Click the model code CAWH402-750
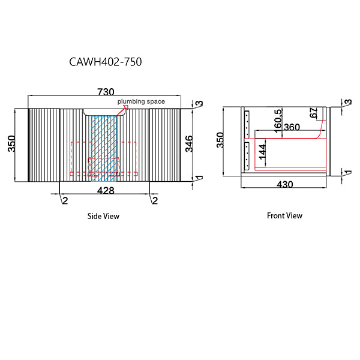(x=106, y=61)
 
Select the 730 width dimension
(x=105, y=91)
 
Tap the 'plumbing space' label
(x=141, y=101)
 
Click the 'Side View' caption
(x=103, y=216)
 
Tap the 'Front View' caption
(x=284, y=215)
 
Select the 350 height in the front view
(x=220, y=140)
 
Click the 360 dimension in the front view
(x=292, y=127)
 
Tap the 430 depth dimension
(x=284, y=185)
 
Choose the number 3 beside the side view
(x=199, y=104)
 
